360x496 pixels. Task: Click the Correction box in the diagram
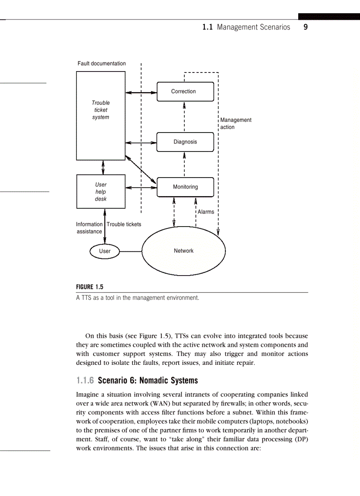pos(185,91)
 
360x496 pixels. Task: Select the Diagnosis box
pos(185,142)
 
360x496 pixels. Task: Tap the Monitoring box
pos(185,187)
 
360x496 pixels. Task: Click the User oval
pos(105,251)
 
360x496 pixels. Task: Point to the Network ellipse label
pos(184,250)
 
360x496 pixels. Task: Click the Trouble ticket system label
pos(101,110)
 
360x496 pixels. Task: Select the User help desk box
pos(101,192)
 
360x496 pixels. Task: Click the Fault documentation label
pos(101,64)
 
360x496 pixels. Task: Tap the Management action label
pos(236,123)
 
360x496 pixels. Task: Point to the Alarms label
pos(206,212)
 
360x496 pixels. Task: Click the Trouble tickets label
pos(124,224)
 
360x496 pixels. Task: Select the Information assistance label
pos(90,227)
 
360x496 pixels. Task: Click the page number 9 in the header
pos(305,27)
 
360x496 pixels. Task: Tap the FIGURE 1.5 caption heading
pos(90,287)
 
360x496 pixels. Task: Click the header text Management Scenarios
pos(253,27)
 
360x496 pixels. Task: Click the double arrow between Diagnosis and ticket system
pos(141,143)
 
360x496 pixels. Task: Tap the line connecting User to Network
pos(131,251)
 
